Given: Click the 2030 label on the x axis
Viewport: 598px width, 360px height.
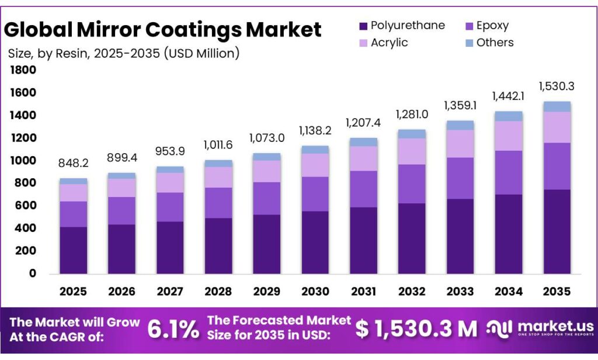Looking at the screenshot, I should coord(315,290).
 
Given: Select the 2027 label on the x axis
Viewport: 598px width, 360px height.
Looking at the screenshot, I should coord(170,290).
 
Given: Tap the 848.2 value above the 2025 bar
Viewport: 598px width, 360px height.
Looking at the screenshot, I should coord(73,164).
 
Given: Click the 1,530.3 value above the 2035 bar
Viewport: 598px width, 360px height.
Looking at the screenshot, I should coord(557,86).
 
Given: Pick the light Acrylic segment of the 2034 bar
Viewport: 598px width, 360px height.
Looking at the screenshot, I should coord(508,136).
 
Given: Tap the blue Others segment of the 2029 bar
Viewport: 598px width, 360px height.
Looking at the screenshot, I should coord(267,157).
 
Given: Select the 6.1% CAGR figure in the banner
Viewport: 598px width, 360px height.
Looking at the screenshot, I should coord(173,329).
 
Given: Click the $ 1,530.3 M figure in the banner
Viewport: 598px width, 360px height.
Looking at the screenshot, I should coord(416,329).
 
